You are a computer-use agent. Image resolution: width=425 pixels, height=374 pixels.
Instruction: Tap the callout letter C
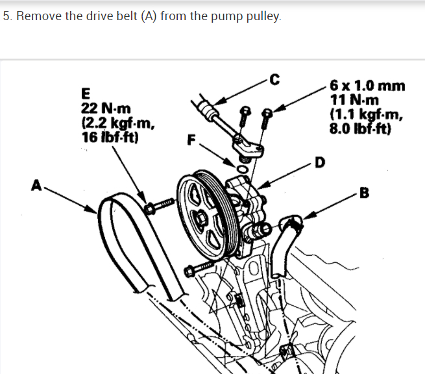pyautogui.click(x=274, y=81)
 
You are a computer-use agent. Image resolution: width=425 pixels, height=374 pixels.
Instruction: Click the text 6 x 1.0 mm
pyautogui.click(x=367, y=86)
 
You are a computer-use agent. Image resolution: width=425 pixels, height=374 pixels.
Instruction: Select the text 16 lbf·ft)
pyautogui.click(x=108, y=136)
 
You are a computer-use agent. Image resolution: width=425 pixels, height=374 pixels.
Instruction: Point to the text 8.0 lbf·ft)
pyautogui.click(x=359, y=128)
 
